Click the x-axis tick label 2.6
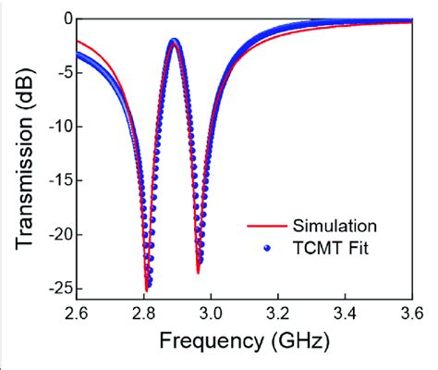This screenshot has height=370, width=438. pos(76,312)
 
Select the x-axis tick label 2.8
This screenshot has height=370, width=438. pos(144,312)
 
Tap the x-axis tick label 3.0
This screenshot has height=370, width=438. pos(212,312)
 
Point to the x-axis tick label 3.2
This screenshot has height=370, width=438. pos(279,312)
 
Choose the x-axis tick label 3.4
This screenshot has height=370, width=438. pos(347,312)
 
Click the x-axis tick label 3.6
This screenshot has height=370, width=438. pos(412,312)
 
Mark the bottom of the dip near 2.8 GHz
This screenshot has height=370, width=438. pos(147,288)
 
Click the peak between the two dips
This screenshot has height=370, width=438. pos(174,43)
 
